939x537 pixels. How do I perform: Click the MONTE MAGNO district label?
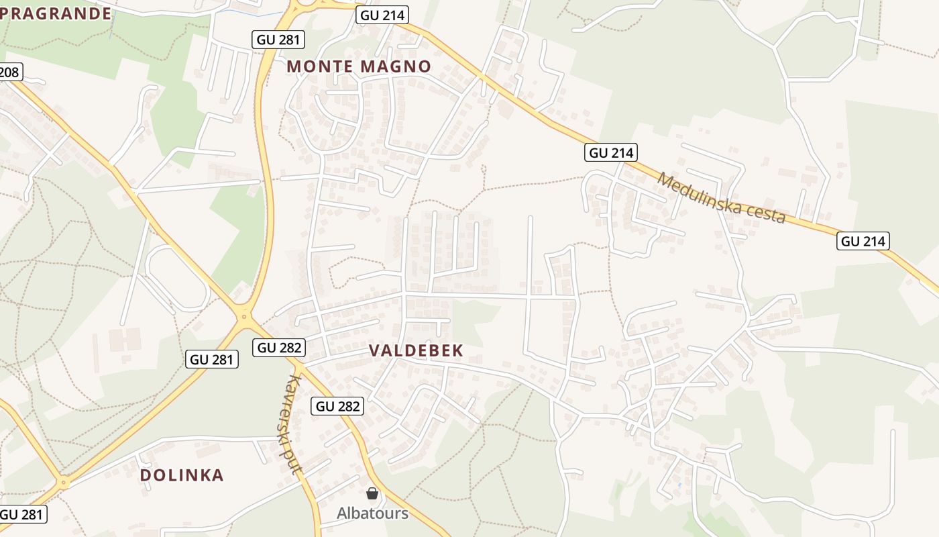[359, 66]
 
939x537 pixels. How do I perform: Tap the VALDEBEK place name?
[416, 350]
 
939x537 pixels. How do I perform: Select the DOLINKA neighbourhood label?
[182, 475]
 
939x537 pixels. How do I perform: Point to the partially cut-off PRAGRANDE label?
[56, 13]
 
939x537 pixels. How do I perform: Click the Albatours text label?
[372, 514]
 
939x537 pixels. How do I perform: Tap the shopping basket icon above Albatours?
[372, 494]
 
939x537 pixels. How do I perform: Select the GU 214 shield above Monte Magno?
[382, 15]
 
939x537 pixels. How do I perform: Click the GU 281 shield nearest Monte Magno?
[279, 40]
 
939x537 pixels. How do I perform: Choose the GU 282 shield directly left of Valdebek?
[279, 348]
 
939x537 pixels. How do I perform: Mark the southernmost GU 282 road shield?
[338, 406]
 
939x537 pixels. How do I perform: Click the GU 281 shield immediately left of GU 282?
[212, 359]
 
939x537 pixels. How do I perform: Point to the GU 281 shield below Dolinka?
[23, 514]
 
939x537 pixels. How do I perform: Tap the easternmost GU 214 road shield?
[863, 241]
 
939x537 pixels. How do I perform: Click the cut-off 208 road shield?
[9, 72]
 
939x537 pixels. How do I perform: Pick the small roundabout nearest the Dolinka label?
[64, 482]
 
